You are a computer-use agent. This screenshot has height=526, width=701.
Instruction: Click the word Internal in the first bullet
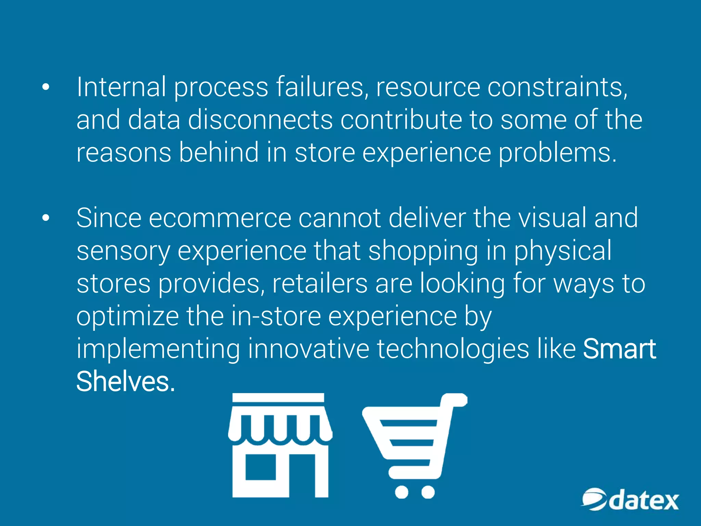pyautogui.click(x=122, y=87)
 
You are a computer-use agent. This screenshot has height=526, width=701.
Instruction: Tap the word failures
pyautogui.click(x=322, y=87)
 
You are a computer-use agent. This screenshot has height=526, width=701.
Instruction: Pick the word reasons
pyautogui.click(x=124, y=153)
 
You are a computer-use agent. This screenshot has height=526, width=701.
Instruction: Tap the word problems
pyautogui.click(x=557, y=153)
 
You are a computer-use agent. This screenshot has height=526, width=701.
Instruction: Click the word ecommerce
pyautogui.click(x=219, y=218)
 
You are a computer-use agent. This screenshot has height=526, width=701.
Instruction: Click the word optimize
pyautogui.click(x=127, y=317)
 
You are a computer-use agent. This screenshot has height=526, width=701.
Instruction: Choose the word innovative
pyautogui.click(x=308, y=349)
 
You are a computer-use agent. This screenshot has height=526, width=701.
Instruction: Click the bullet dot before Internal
pyautogui.click(x=46, y=88)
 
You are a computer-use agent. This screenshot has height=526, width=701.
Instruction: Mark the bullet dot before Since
pyautogui.click(x=46, y=218)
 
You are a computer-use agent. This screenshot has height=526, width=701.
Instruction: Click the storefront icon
pyautogui.click(x=280, y=445)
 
